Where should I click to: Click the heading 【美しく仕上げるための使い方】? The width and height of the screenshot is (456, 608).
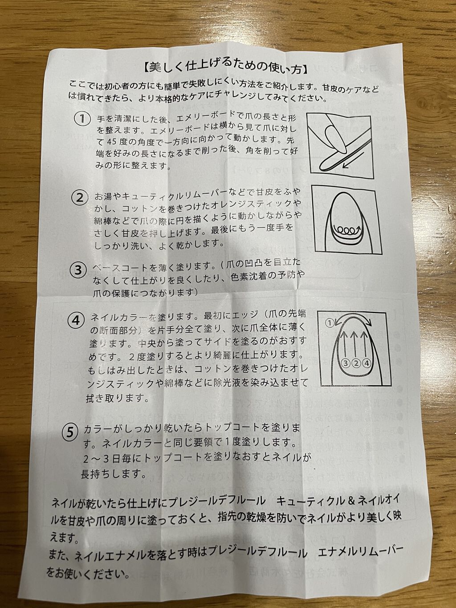click(x=225, y=69)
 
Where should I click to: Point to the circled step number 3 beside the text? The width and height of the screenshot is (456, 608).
click(x=77, y=270)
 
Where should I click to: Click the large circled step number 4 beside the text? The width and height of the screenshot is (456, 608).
click(x=75, y=321)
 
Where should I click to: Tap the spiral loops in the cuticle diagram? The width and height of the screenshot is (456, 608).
click(x=346, y=230)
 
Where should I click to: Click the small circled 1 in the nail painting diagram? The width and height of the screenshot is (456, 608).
click(x=330, y=322)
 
